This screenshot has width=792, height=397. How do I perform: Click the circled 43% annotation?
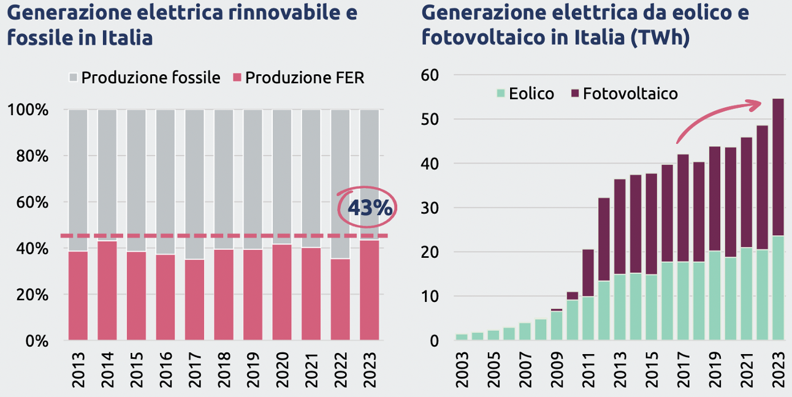368,208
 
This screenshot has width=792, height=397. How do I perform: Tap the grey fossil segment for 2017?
195,184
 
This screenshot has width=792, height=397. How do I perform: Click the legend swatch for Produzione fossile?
74,78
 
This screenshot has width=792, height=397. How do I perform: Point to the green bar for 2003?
462,336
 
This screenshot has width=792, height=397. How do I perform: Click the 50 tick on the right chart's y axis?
430,119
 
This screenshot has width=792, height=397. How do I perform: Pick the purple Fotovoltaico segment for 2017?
682,208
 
